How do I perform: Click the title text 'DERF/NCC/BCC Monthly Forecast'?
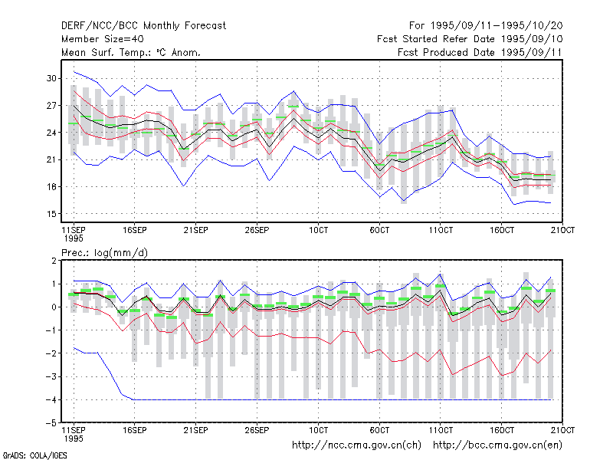point(143,26)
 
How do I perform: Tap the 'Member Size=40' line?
point(103,39)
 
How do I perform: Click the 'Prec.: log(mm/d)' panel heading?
point(104,253)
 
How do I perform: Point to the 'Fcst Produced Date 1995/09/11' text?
point(480,52)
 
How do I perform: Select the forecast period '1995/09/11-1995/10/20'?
point(497,26)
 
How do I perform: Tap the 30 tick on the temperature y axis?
point(51,78)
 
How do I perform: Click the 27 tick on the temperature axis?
point(51,106)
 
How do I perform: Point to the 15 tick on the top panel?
point(51,214)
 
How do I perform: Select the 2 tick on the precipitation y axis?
point(54,261)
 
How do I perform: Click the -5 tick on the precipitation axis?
point(51,423)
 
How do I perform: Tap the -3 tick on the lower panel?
point(51,376)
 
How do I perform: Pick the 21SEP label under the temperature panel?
point(196,230)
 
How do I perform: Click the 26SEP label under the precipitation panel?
point(257,430)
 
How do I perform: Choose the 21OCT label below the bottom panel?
point(562,430)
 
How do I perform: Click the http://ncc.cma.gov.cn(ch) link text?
point(356,445)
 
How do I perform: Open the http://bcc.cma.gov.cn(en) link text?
point(497,445)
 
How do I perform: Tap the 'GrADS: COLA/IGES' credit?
point(34,455)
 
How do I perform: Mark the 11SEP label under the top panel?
point(74,230)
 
